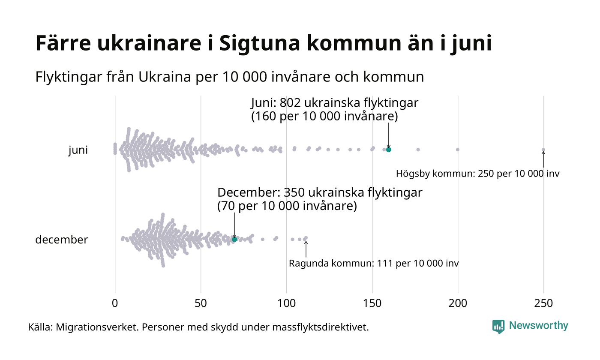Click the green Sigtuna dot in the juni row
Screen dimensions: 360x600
pos(389,150)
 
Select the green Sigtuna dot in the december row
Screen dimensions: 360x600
pos(234,239)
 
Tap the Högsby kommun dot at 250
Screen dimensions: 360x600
pos(543,150)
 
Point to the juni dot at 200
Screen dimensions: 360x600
pos(458,150)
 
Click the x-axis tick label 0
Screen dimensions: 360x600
pos(115,303)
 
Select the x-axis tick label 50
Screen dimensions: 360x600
pos(201,303)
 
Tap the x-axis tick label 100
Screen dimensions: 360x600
pos(286,303)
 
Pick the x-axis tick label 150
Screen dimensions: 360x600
pos(372,303)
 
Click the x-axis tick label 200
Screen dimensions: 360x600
pos(458,303)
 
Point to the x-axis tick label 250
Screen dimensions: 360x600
pos(543,303)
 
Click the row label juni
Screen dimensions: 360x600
pos(78,150)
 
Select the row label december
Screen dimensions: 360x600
pos(61,240)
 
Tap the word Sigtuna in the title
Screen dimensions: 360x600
pos(255,44)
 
